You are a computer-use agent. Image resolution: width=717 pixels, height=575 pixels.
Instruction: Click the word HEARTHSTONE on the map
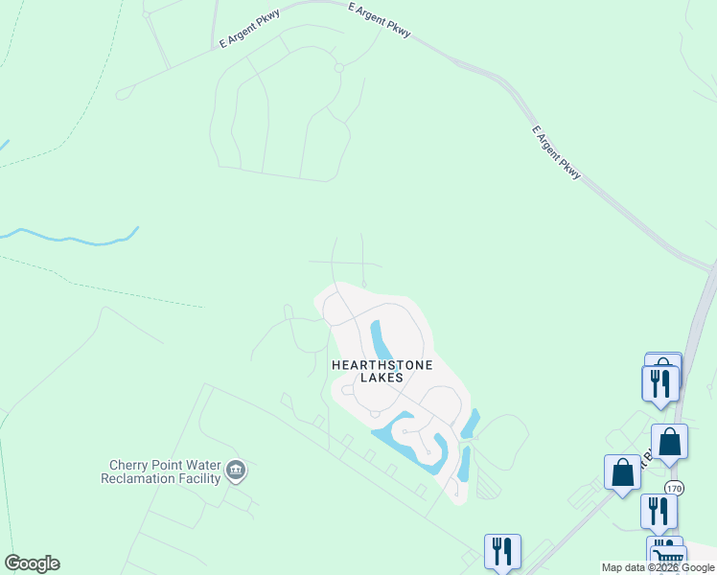(382, 365)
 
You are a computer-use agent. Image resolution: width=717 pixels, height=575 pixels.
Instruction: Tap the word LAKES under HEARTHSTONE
(382, 378)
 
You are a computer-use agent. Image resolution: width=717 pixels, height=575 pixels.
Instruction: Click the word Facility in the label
(198, 477)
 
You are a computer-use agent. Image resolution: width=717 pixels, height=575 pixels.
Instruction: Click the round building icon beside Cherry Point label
(236, 471)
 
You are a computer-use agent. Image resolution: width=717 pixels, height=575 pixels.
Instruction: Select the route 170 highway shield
(675, 487)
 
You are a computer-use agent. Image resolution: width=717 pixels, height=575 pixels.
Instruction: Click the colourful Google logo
(32, 563)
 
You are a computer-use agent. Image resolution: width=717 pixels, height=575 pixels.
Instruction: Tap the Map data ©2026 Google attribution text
(658, 567)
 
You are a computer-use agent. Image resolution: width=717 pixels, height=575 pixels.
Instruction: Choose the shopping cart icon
(669, 558)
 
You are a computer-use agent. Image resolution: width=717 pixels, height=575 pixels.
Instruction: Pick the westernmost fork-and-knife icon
(502, 551)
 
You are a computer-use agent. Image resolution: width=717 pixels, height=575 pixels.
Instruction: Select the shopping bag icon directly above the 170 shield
(669, 442)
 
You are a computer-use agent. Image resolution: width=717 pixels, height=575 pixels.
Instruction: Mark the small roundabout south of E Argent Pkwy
(337, 67)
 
